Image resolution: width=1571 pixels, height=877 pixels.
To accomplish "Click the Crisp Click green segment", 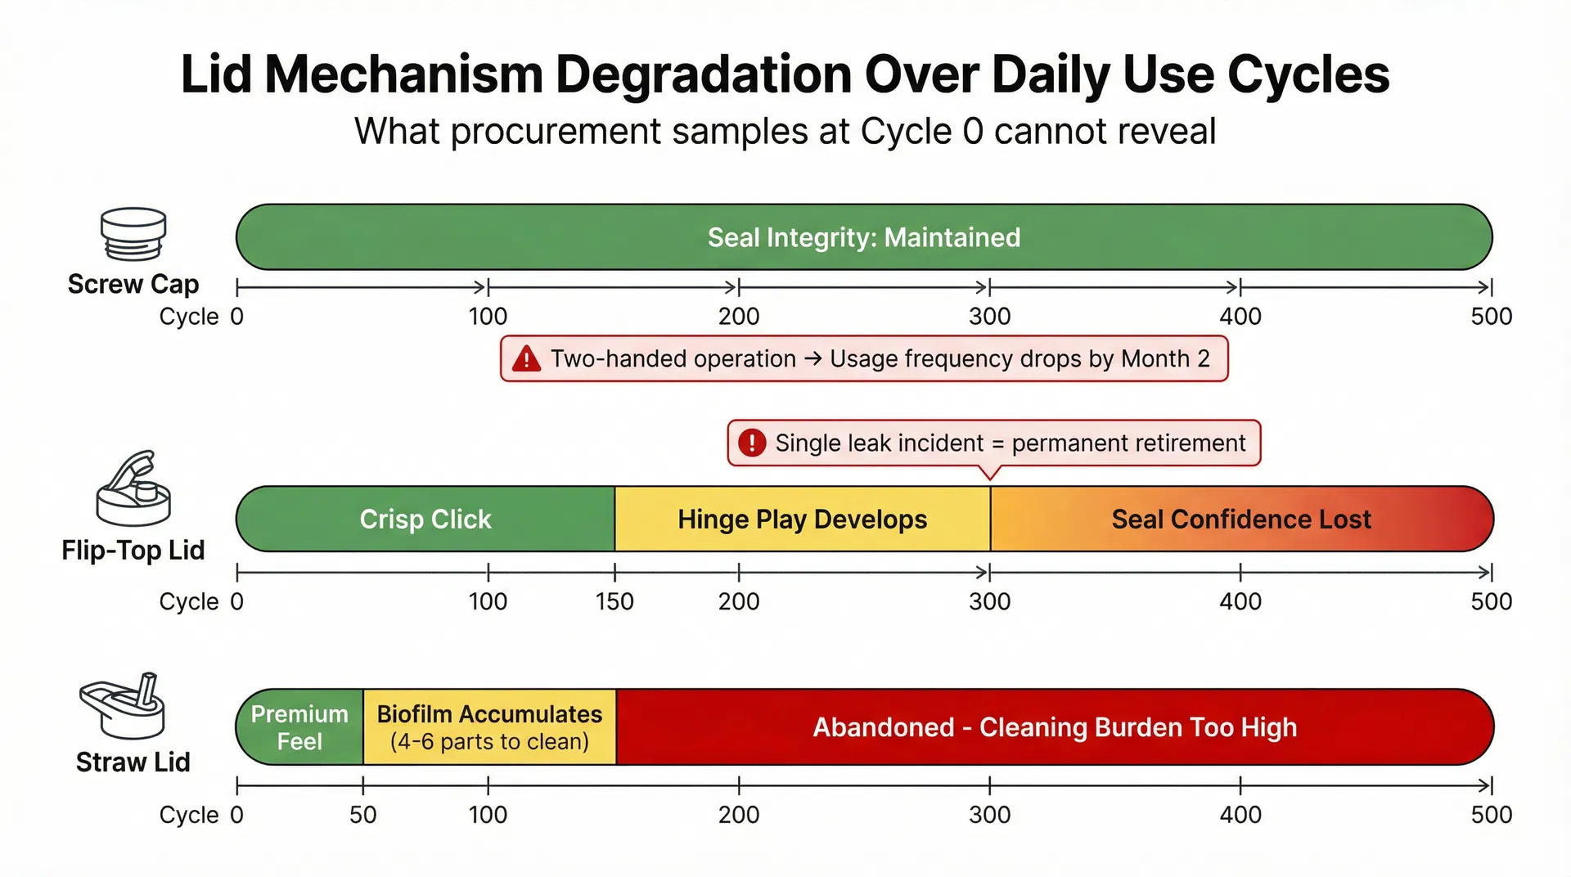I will pyautogui.click(x=425, y=519).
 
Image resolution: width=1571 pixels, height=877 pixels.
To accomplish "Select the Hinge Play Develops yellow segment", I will pyautogui.click(x=802, y=519).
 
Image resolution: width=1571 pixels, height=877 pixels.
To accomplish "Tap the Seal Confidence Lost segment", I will pyautogui.click(x=1240, y=519).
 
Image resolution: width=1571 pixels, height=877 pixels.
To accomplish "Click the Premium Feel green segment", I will pyautogui.click(x=299, y=727).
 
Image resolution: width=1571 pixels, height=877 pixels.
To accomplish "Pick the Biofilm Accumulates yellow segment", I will pyautogui.click(x=489, y=727).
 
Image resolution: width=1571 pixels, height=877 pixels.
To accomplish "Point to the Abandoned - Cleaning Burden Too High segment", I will pyautogui.click(x=1054, y=727).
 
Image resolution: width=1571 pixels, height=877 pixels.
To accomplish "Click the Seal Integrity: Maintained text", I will pyautogui.click(x=863, y=237).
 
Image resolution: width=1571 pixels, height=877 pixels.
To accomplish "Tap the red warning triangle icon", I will pyautogui.click(x=526, y=359).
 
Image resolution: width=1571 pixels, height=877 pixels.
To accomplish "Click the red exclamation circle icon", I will pyautogui.click(x=751, y=443).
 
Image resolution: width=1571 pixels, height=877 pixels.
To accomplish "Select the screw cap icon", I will pyautogui.click(x=133, y=234).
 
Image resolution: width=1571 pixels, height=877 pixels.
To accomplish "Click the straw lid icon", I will pyautogui.click(x=123, y=705).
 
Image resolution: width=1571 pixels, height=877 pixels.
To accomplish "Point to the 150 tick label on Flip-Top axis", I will pyautogui.click(x=614, y=601).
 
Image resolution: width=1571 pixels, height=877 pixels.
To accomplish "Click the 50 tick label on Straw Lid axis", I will pyautogui.click(x=362, y=815).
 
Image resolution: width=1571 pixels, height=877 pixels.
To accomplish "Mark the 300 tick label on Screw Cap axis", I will pyautogui.click(x=989, y=317).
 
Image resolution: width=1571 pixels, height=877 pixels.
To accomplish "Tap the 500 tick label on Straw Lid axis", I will pyautogui.click(x=1491, y=815).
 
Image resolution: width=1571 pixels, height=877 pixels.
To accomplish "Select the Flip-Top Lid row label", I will pyautogui.click(x=133, y=551).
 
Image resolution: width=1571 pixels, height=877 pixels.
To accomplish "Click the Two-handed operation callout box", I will pyautogui.click(x=864, y=359).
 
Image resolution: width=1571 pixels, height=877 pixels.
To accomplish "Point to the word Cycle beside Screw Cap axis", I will pyautogui.click(x=188, y=317).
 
